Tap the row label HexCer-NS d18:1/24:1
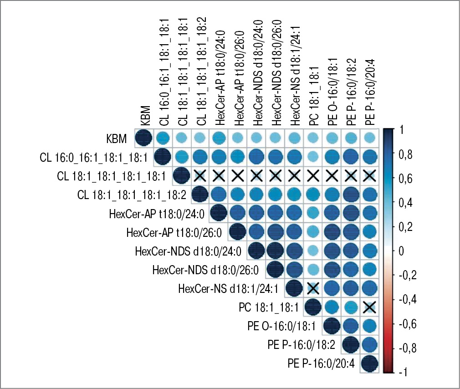(230, 288)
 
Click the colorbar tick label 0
(400, 251)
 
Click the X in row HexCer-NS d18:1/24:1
(313, 288)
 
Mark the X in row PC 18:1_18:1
(369, 307)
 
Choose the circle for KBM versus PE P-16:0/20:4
(369, 138)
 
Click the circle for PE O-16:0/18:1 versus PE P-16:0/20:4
(369, 326)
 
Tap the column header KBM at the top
(145, 116)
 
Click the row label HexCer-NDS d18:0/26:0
(206, 270)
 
